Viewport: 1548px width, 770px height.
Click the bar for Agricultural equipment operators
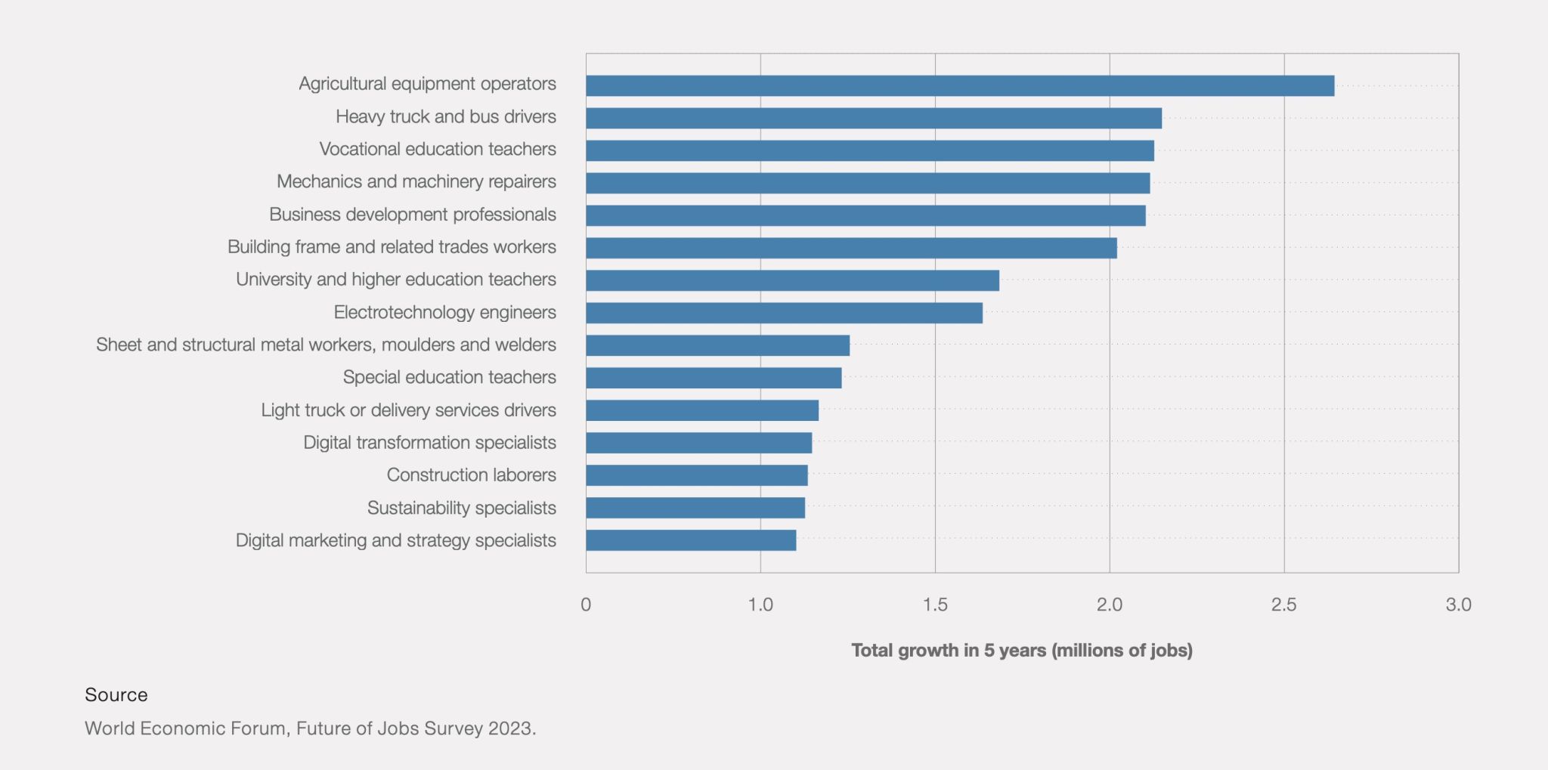point(960,85)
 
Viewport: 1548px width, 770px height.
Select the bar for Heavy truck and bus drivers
point(873,118)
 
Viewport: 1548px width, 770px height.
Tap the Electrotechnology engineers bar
point(784,313)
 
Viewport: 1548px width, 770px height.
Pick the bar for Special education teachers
point(714,378)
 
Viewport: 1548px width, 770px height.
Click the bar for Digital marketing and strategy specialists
point(691,540)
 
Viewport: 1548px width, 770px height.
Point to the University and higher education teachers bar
point(792,280)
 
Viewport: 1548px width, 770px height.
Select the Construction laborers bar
point(696,475)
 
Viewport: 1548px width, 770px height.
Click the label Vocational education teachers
point(437,149)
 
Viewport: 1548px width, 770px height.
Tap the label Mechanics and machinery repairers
point(416,181)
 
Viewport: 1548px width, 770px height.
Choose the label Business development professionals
point(412,215)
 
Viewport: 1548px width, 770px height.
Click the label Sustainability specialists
point(461,508)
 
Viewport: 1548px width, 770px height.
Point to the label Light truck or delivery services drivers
point(408,410)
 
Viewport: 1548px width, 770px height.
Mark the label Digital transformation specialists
point(429,443)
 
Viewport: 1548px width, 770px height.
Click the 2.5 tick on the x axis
point(1283,605)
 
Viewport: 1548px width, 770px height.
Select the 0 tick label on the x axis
point(586,605)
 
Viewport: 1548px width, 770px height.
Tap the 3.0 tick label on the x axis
point(1458,605)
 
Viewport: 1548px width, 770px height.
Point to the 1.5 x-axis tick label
point(935,605)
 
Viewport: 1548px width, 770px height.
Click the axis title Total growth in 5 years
point(1021,651)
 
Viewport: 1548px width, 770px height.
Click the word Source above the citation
point(116,695)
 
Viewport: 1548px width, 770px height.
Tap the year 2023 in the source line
point(510,728)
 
